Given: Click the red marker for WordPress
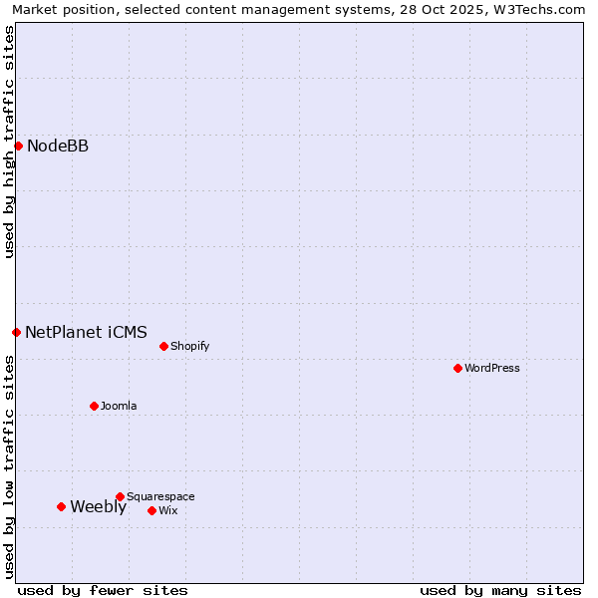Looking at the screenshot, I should [x=457, y=368].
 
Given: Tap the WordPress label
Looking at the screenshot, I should [x=492, y=368].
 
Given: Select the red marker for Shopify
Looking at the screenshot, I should [x=163, y=346].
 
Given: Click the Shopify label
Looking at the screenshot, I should [x=189, y=346].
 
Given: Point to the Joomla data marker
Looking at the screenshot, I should [x=94, y=406].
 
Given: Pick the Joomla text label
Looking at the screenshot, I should [x=119, y=406].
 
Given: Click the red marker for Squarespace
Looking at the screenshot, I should [x=120, y=496].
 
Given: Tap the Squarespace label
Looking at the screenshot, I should [x=160, y=496].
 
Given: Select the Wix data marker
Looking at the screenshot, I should [x=151, y=510].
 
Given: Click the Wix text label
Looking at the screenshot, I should [x=168, y=510].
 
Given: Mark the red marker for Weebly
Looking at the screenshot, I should [x=61, y=506].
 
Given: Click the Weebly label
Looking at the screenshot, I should [x=98, y=506].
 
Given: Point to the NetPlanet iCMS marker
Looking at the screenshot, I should [x=16, y=332].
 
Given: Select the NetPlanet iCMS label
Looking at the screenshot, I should [x=86, y=332].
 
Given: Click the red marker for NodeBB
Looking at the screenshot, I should [x=18, y=146].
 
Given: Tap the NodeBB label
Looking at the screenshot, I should [x=58, y=147].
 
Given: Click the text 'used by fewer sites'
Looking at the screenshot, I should [x=103, y=590].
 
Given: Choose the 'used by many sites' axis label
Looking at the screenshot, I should [x=500, y=590].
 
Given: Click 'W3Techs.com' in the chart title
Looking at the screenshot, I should [x=544, y=9].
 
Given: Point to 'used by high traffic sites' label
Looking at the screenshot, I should [x=9, y=142].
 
